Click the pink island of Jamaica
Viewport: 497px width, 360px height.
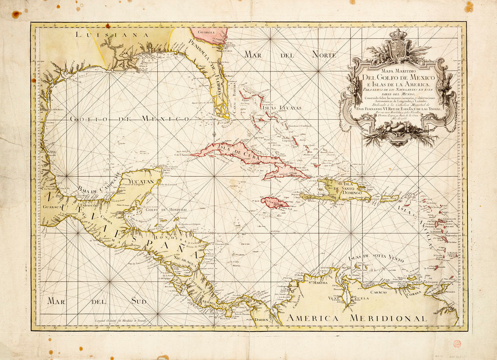(x=275, y=202)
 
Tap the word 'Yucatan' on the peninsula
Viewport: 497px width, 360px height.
(x=141, y=182)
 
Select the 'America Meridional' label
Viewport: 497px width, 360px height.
(x=356, y=318)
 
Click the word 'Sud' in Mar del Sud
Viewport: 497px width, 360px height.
(x=138, y=301)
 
